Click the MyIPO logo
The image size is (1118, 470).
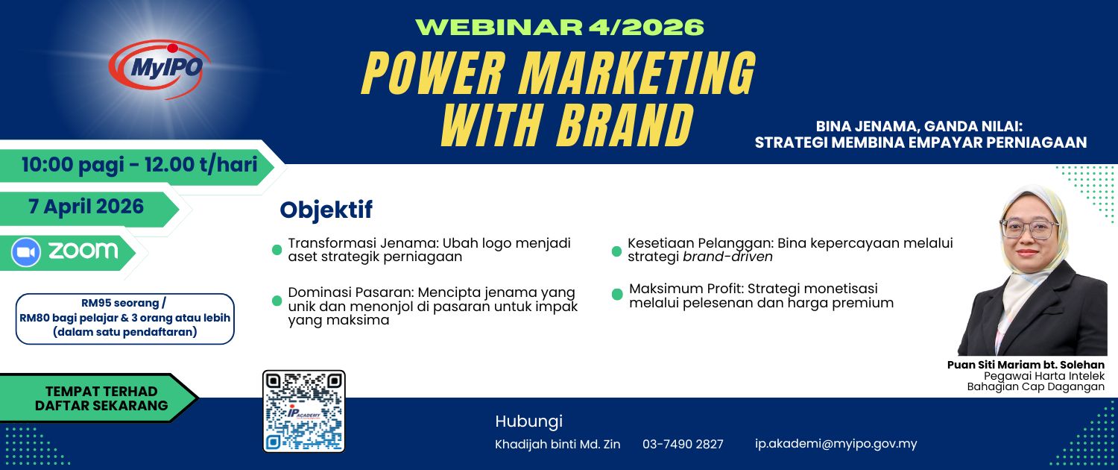(x=160, y=69)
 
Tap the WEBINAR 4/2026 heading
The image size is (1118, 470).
(x=559, y=27)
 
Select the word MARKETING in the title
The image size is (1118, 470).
(x=637, y=73)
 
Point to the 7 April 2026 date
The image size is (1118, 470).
(x=86, y=207)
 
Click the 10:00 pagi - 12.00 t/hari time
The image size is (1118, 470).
(x=139, y=165)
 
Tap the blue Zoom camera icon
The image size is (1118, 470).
(x=26, y=253)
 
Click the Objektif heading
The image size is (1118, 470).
(x=326, y=210)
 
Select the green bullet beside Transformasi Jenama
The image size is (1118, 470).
(x=277, y=250)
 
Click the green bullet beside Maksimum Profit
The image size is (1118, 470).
(x=617, y=294)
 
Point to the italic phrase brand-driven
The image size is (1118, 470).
(x=727, y=257)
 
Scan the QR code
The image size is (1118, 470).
(x=304, y=412)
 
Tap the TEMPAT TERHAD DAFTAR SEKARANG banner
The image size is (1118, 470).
(x=101, y=398)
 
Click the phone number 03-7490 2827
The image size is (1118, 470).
(x=683, y=444)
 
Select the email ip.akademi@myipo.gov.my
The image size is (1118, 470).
(x=836, y=444)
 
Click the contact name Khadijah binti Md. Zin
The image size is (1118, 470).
(x=558, y=444)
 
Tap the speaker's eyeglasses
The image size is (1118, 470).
(x=1029, y=229)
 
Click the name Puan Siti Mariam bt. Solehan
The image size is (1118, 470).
(x=1026, y=365)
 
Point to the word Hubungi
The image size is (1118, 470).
(x=528, y=422)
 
